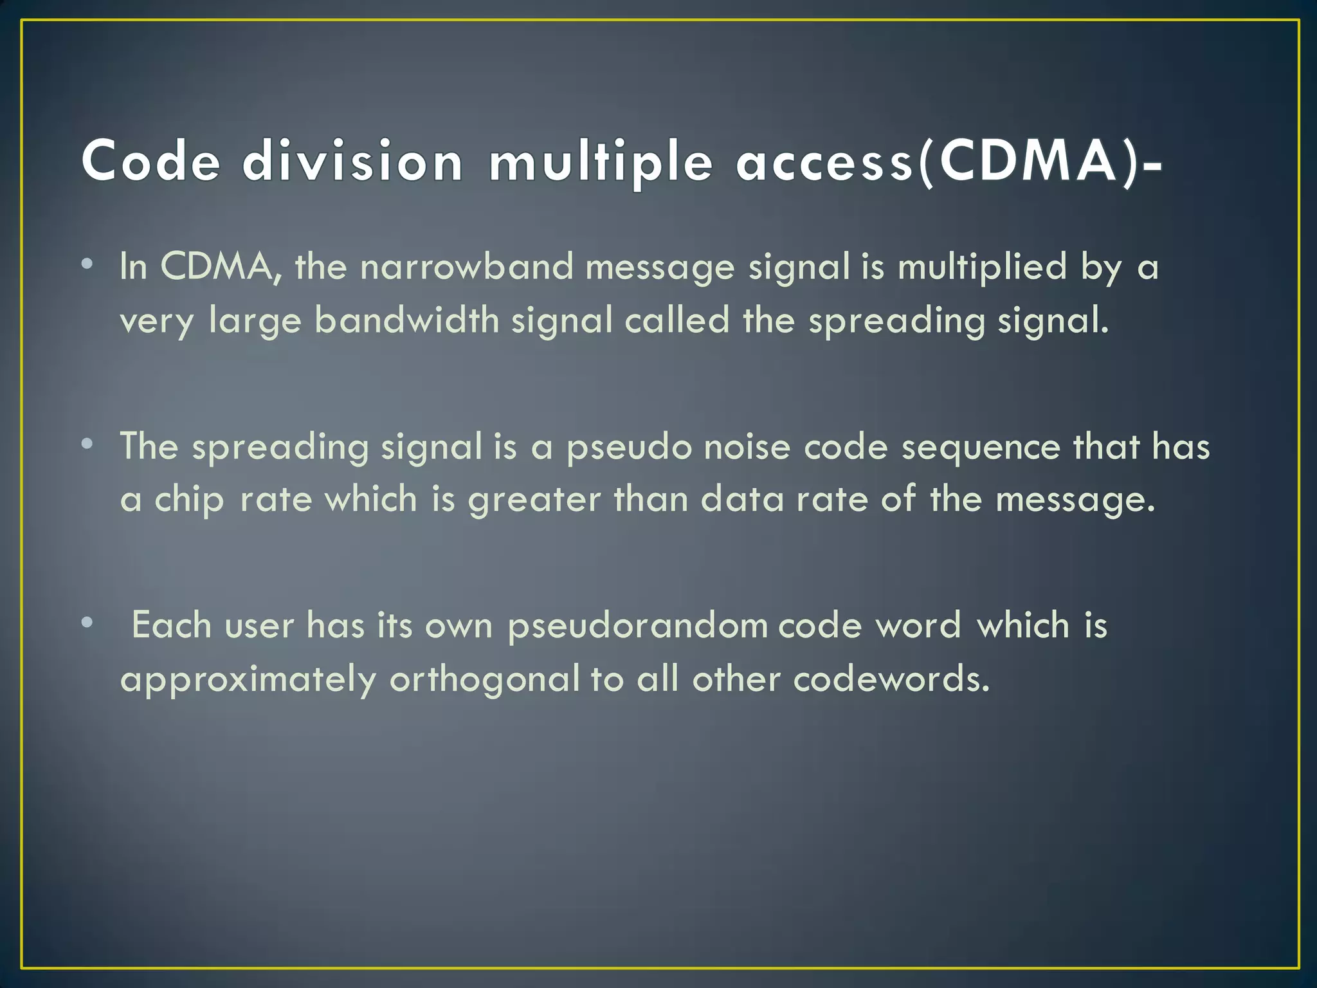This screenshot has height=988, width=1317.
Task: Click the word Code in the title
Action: (151, 161)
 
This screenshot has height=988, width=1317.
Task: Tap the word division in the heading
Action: (352, 161)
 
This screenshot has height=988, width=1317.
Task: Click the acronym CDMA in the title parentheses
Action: (1028, 161)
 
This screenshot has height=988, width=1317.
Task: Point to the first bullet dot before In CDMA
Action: (87, 264)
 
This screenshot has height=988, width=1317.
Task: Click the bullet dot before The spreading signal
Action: (87, 443)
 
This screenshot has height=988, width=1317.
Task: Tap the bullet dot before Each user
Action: (87, 622)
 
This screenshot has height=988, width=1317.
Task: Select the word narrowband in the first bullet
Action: (466, 266)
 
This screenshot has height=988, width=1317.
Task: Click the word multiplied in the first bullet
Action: (982, 266)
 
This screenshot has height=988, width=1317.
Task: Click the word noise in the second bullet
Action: (747, 446)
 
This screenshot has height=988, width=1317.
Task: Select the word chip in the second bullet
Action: (189, 500)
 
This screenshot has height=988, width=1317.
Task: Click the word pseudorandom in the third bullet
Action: (637, 626)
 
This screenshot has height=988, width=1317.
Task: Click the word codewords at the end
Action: (891, 679)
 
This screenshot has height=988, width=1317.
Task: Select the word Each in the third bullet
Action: (172, 625)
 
